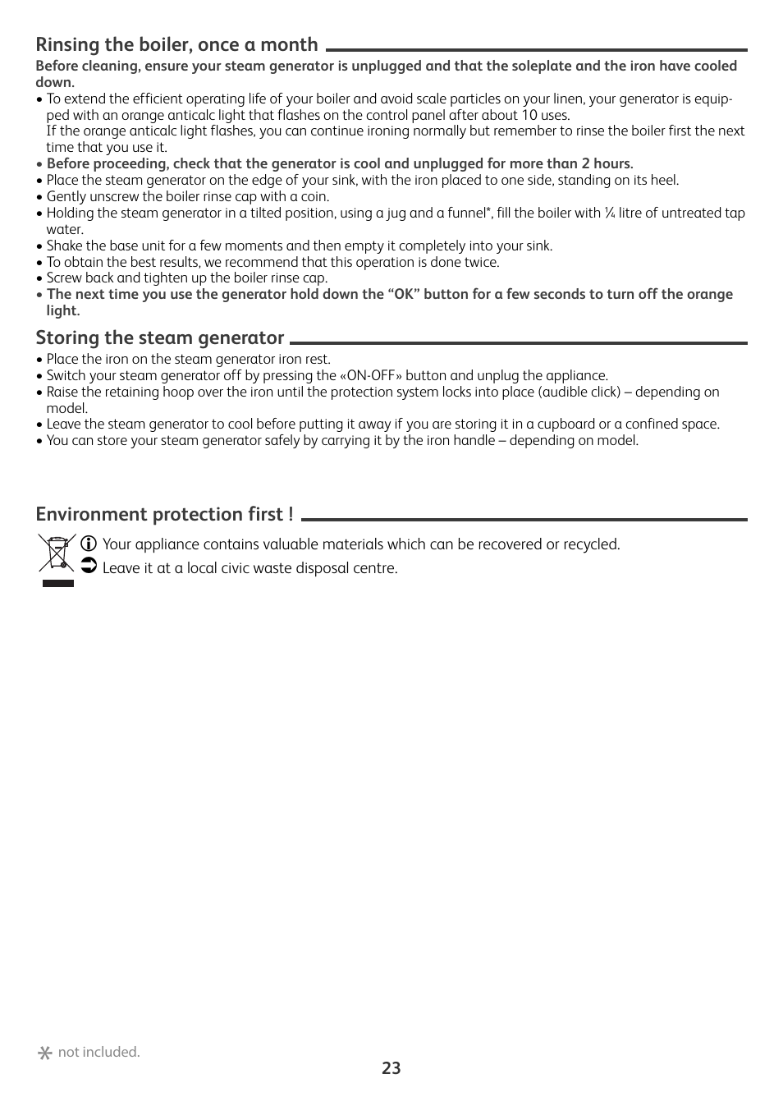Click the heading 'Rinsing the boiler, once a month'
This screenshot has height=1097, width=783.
176,45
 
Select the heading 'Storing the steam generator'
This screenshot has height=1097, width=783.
159,337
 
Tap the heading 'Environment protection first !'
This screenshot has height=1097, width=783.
164,515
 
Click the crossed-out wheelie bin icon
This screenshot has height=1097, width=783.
57,553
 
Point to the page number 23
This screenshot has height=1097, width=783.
391,1068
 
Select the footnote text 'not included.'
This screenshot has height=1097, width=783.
98,1052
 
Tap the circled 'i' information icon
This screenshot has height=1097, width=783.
89,544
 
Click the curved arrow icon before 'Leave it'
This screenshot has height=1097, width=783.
89,567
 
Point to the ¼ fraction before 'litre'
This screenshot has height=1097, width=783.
609,213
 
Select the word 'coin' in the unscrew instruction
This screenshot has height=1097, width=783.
312,197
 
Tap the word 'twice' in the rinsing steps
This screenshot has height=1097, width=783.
480,263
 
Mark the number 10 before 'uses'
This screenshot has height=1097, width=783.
529,116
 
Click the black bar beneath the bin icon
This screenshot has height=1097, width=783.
57,584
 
